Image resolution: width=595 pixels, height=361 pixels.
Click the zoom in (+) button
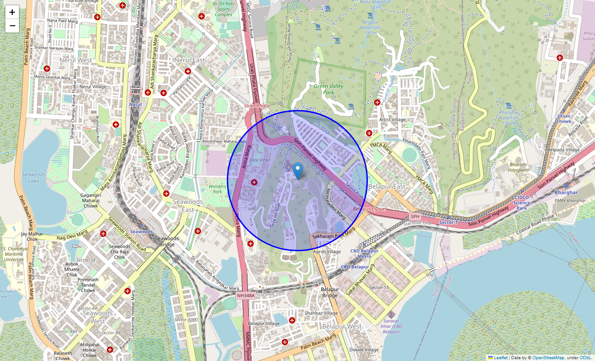(12, 12)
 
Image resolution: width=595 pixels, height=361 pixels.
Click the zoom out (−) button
(12, 26)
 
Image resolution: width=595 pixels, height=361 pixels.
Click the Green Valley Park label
(329, 89)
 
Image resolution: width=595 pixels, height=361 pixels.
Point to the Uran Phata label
(257, 106)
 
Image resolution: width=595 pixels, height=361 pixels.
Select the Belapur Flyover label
(370, 209)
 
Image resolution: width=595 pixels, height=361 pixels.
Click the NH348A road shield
(246, 296)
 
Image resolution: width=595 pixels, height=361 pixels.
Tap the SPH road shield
(415, 217)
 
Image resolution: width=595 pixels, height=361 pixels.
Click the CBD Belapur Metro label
(364, 254)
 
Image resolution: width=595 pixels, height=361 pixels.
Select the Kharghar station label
(566, 193)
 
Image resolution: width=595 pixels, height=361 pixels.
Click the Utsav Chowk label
(564, 119)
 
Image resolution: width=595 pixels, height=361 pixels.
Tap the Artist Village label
(392, 120)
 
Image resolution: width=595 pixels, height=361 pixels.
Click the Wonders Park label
(217, 189)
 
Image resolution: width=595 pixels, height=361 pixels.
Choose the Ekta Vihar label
(261, 160)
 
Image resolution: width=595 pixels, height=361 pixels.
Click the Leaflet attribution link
(500, 358)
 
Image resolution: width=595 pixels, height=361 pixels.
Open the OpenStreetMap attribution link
(548, 358)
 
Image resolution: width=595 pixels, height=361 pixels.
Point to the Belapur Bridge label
(330, 292)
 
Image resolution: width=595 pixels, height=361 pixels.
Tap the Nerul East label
(189, 60)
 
